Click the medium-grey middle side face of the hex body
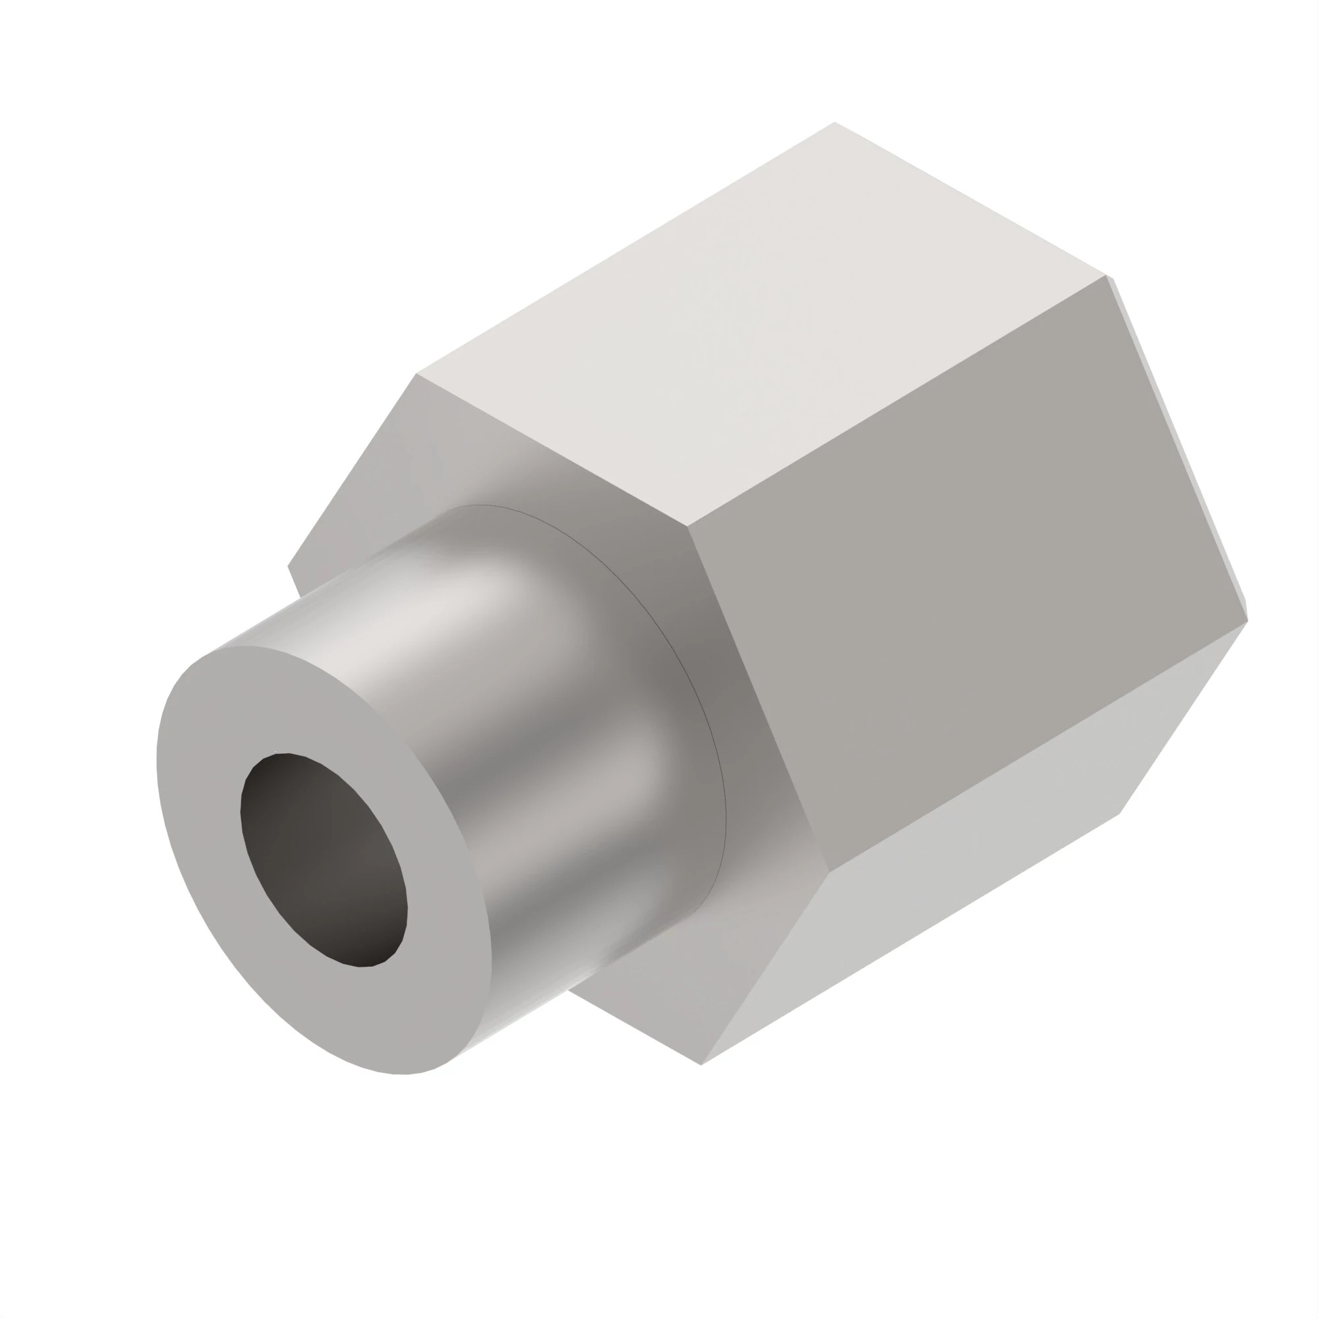(x=969, y=580)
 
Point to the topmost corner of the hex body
(x=834, y=123)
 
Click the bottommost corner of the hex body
(x=701, y=1064)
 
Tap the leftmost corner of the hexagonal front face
(x=289, y=565)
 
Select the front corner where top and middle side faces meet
(x=687, y=527)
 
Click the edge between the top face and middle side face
(x=894, y=403)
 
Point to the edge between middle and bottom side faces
(x=1037, y=747)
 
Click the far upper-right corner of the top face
(x=1105, y=275)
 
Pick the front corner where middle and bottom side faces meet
(x=830, y=872)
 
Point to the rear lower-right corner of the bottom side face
(x=1120, y=813)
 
